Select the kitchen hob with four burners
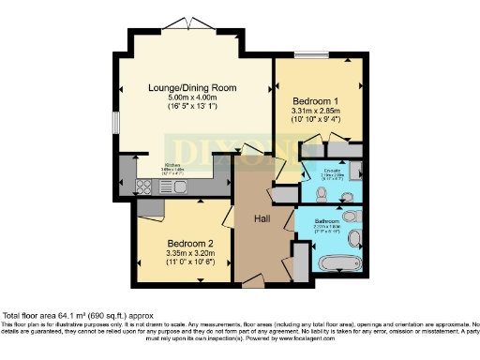click(x=148, y=187)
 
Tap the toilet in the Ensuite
click(x=321, y=195)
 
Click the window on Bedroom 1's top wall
click(x=304, y=58)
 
